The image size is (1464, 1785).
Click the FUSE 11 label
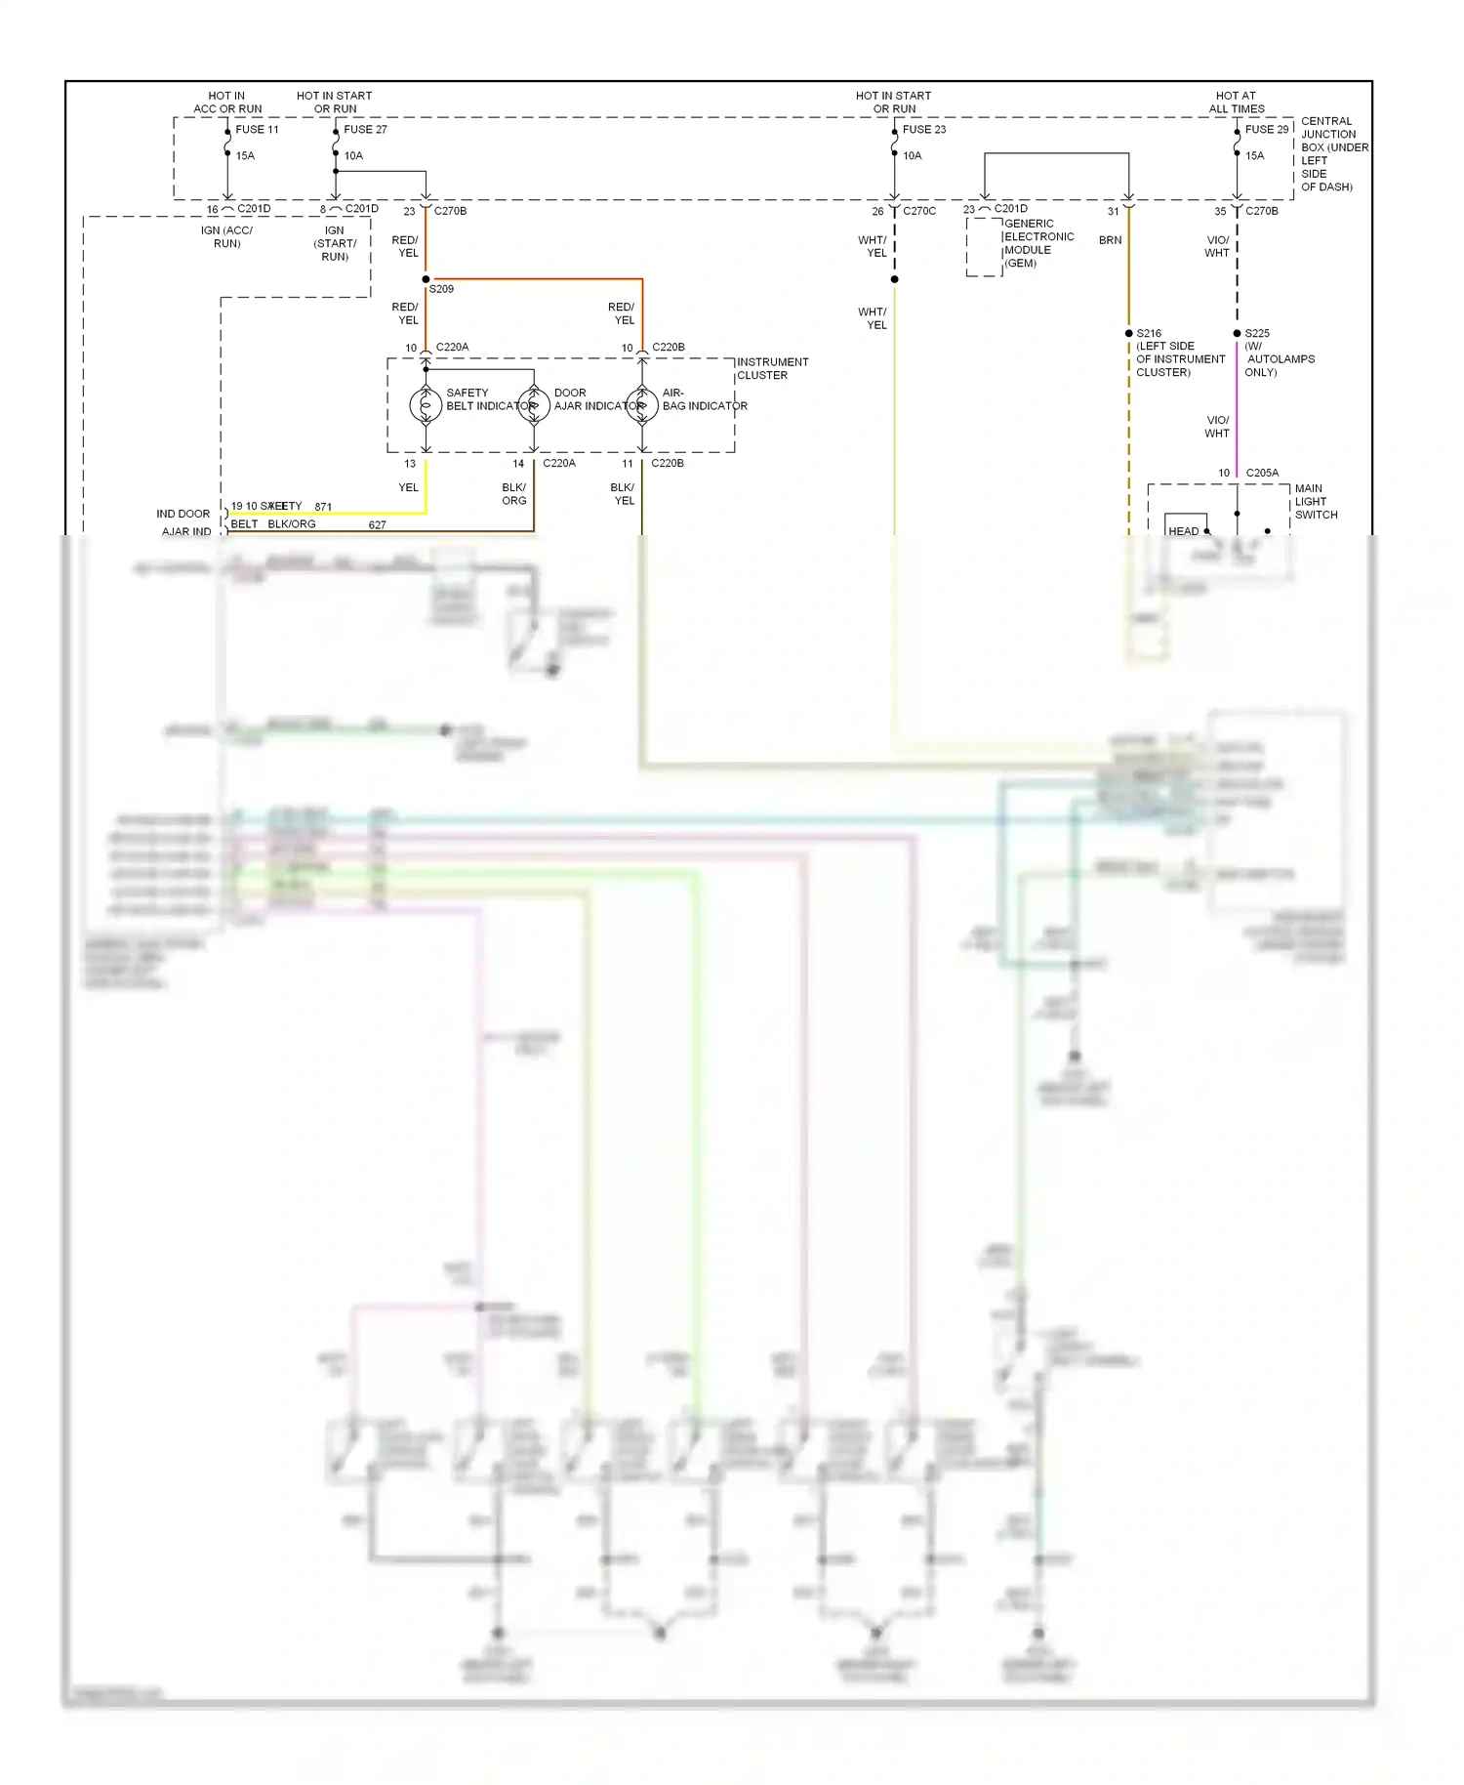coord(257,129)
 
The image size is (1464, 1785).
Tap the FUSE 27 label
coord(365,129)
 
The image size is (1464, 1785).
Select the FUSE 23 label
coord(923,129)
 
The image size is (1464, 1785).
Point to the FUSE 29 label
coord(1266,129)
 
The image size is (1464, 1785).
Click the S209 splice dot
coord(426,279)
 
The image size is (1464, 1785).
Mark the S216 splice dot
coord(1129,333)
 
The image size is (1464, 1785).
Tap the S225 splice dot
coord(1237,333)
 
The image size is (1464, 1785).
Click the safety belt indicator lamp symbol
coord(426,405)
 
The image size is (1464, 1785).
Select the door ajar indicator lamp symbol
coord(534,405)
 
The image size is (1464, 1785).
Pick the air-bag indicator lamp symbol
coord(642,405)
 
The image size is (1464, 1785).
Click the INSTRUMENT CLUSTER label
coord(772,368)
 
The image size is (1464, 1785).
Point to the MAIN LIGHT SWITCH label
coord(1315,501)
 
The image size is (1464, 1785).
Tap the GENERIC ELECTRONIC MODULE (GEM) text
coord(1037,243)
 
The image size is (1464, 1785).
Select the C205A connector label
coord(1261,473)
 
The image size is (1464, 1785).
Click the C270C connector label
coord(918,211)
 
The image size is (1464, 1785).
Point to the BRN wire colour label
coord(1110,240)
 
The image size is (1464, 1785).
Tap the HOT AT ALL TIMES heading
coord(1236,102)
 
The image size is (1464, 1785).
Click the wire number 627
coord(378,525)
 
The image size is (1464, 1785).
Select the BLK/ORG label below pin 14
coord(513,494)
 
